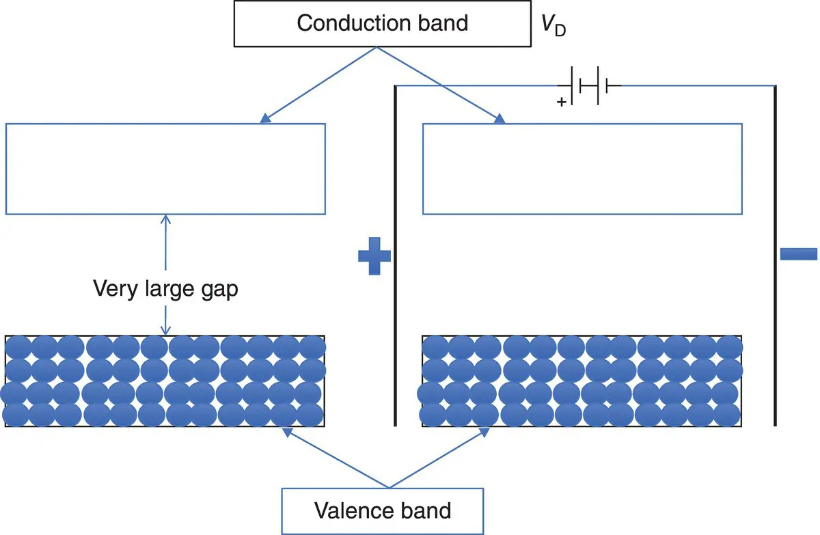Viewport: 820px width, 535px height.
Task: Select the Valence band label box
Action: pos(383,510)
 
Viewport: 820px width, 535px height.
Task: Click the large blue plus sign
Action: pos(374,256)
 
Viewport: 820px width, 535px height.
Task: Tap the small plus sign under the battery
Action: pos(562,102)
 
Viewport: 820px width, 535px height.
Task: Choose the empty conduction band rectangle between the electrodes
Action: pos(582,168)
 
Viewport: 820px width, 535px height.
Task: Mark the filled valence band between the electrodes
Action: pos(582,381)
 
